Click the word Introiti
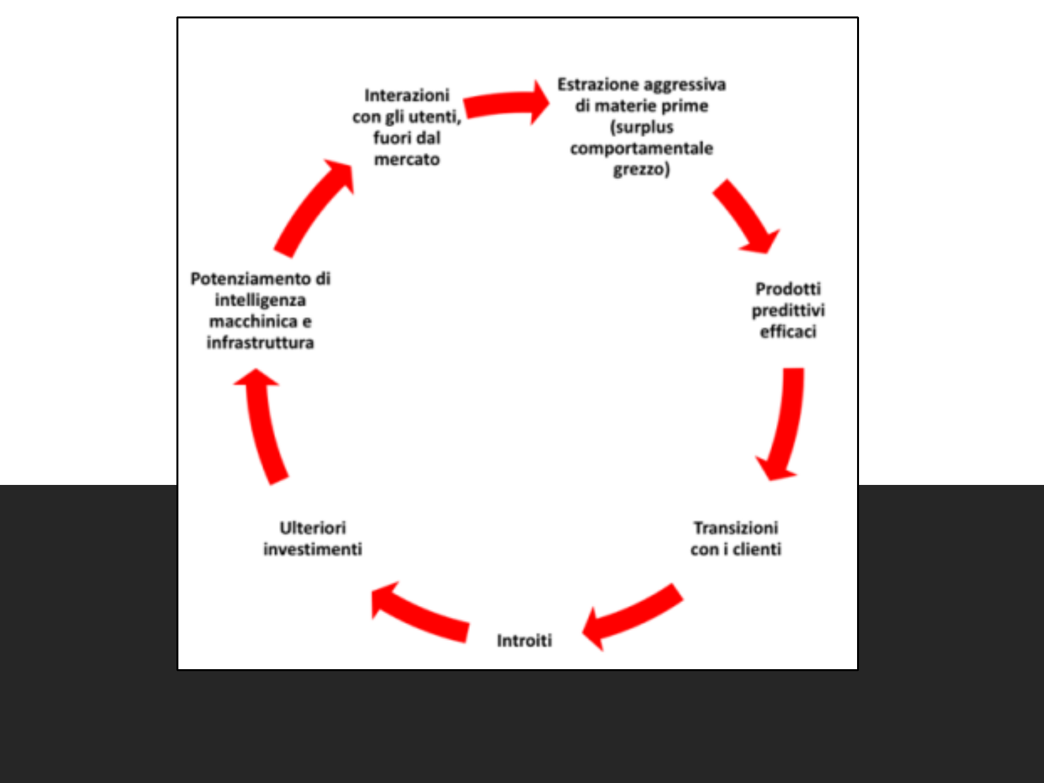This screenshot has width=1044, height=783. coord(524,640)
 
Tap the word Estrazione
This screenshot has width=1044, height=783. coord(598,85)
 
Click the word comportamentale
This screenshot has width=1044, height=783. coord(642,149)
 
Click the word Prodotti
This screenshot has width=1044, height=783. coord(788,289)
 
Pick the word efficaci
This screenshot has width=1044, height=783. coord(788,332)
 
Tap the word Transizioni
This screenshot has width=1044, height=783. coord(736,528)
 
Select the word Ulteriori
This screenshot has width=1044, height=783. coord(313,528)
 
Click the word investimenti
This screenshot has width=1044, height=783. coord(313,549)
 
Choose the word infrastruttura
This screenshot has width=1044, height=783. coord(260,343)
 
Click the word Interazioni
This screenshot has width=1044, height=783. coord(407,95)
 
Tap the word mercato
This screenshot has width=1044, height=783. coord(407,160)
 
